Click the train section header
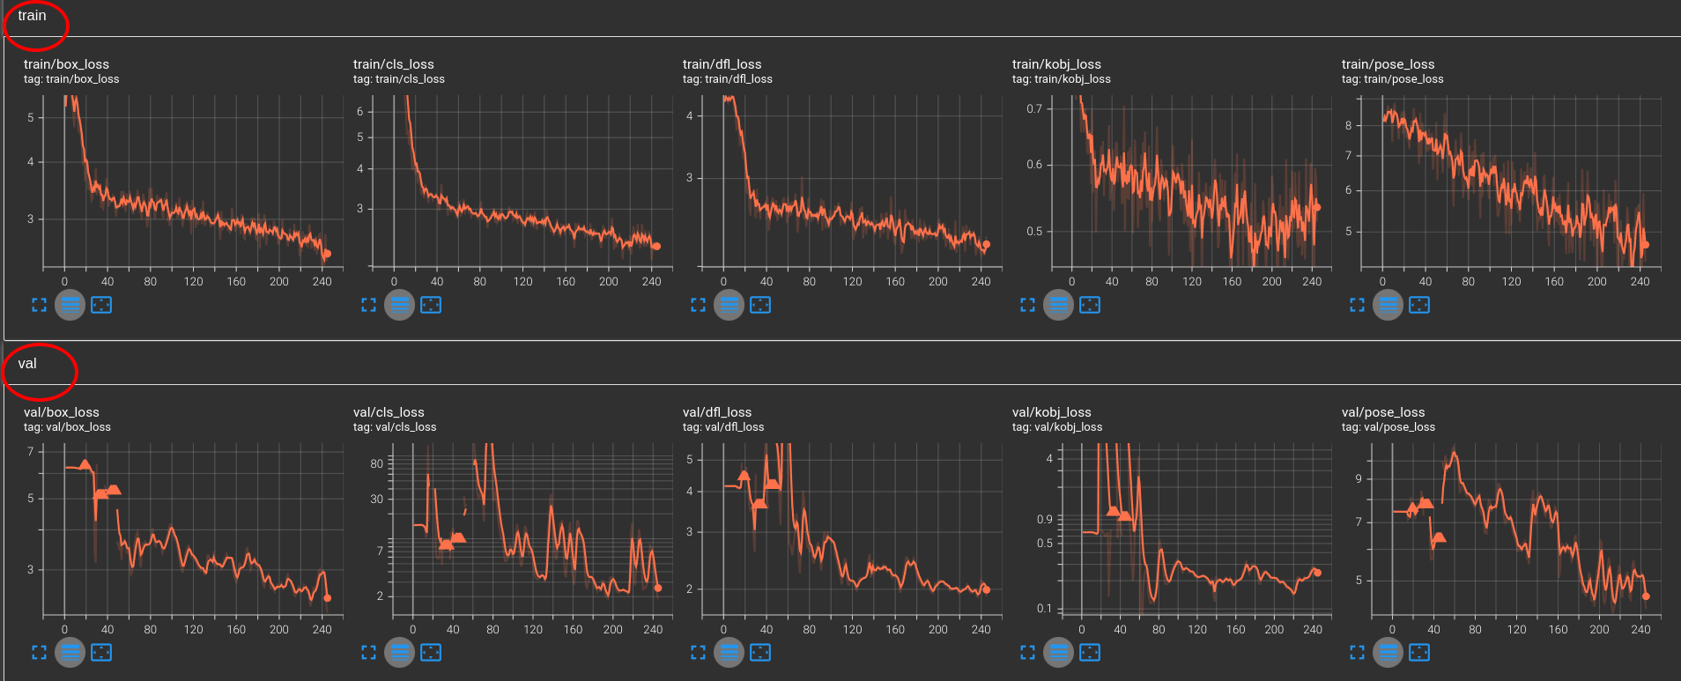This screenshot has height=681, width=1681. [x=32, y=16]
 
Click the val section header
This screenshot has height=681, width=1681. [x=27, y=364]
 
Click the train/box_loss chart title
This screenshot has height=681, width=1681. [x=66, y=64]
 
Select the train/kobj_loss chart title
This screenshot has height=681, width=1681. [x=1056, y=64]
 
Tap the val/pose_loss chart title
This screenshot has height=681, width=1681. [x=1382, y=412]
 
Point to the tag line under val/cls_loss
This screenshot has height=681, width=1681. [x=394, y=427]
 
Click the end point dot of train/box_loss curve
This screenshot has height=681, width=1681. [x=327, y=254]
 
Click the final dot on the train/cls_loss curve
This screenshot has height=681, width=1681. [x=656, y=247]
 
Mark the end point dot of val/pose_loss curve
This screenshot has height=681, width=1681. [x=1646, y=596]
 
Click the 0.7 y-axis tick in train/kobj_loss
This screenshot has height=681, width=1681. [x=1034, y=109]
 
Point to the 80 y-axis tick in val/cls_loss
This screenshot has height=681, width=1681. [x=376, y=463]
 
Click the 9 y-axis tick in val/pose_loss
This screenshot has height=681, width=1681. [x=1359, y=479]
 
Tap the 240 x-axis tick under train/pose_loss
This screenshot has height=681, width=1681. [x=1640, y=282]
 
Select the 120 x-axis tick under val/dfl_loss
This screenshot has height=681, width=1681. [x=852, y=630]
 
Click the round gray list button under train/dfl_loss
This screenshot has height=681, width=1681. [x=729, y=305]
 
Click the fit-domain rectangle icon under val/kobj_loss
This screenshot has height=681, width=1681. [x=1090, y=653]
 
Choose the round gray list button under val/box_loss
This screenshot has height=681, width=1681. [x=70, y=653]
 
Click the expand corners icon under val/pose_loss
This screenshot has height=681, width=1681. [x=1357, y=653]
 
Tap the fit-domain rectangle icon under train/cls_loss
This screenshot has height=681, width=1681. [x=431, y=305]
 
